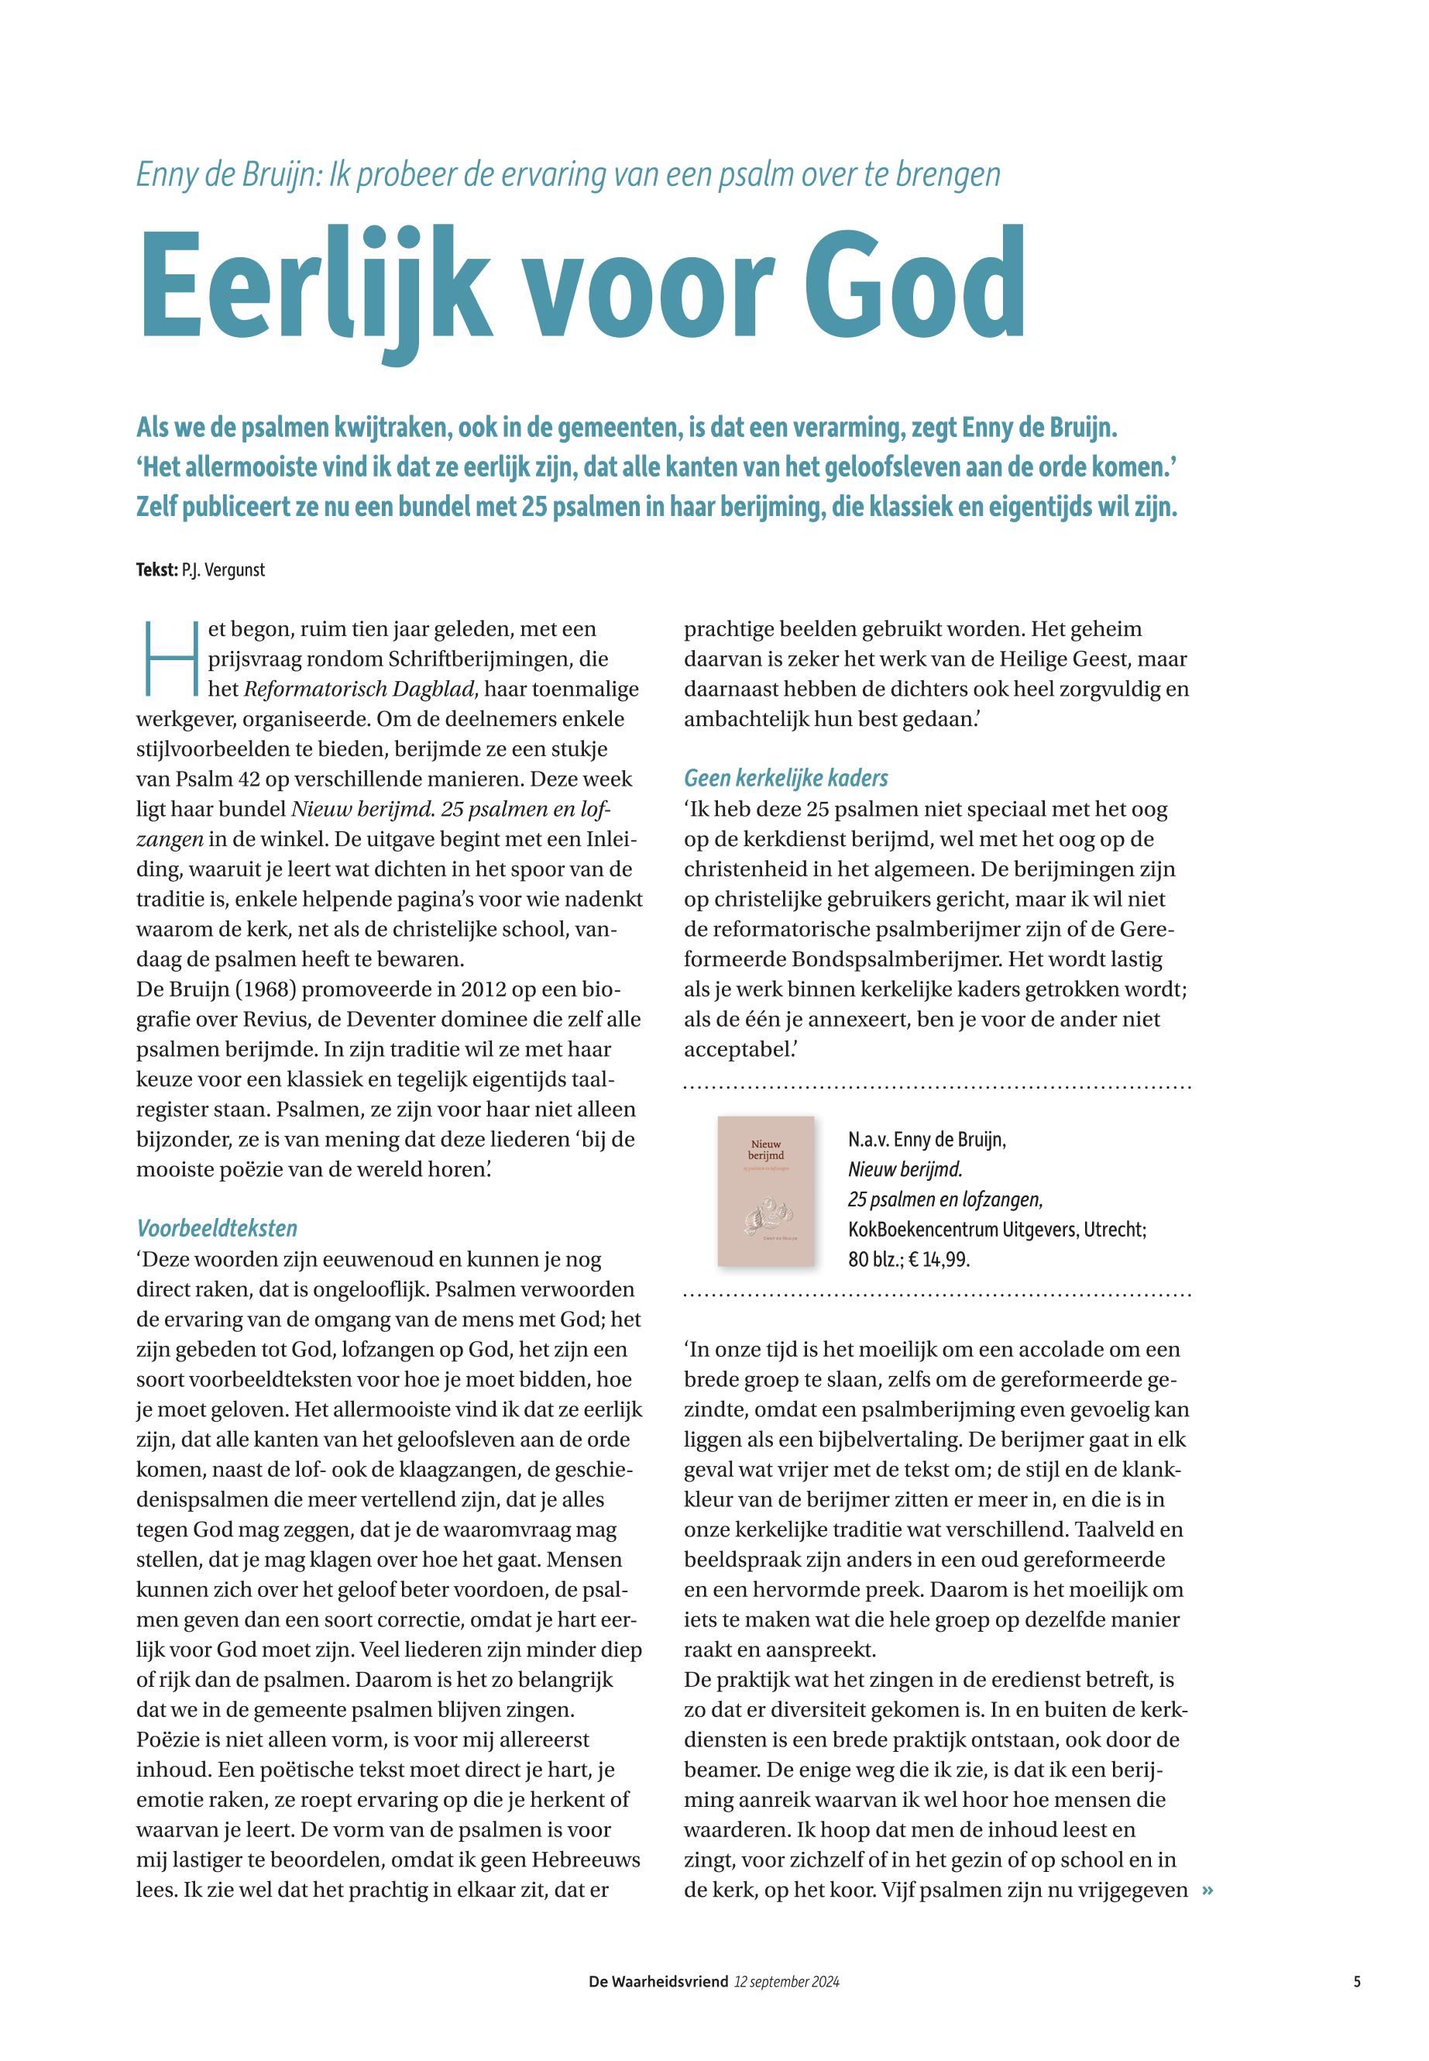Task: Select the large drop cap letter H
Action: pyautogui.click(x=169, y=659)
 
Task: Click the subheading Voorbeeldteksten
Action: pyautogui.click(x=217, y=1228)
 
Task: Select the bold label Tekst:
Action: pyautogui.click(x=156, y=569)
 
